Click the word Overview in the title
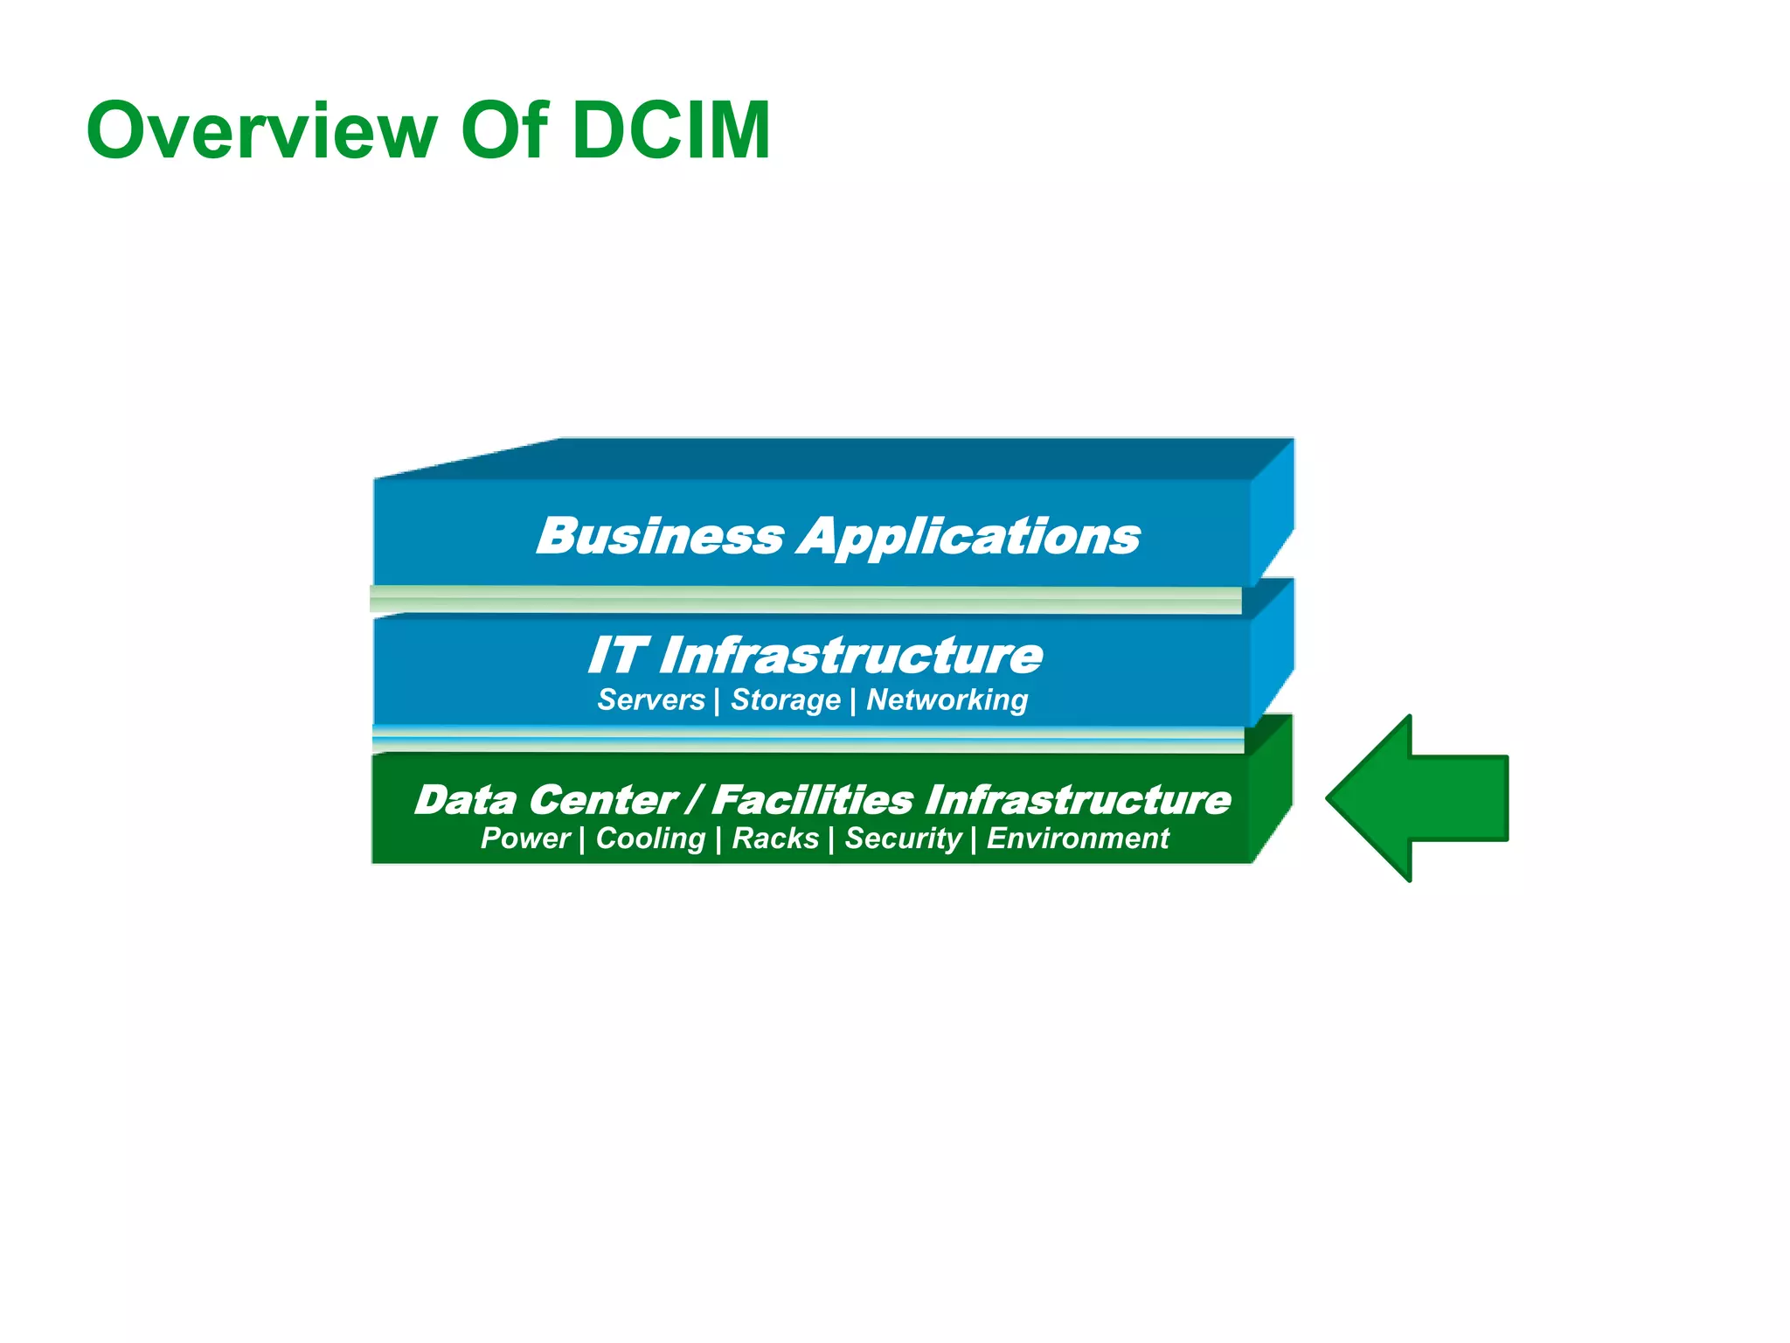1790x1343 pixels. click(261, 131)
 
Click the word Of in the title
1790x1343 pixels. click(504, 131)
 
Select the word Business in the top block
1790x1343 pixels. click(661, 535)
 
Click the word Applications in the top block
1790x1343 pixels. click(968, 537)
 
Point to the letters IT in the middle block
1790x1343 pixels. click(616, 655)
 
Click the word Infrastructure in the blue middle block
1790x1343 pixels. click(850, 656)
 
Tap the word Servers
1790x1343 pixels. click(651, 699)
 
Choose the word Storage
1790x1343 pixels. click(786, 700)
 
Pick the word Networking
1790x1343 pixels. click(947, 699)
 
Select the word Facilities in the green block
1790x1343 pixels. click(813, 799)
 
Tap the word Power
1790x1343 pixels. click(525, 838)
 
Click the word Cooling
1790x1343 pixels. click(650, 839)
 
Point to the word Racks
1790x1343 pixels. click(775, 838)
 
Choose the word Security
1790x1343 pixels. click(903, 839)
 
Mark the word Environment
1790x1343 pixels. click(1078, 838)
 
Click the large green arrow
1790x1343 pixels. click(1425, 797)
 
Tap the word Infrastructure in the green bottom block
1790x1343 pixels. click(1078, 799)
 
